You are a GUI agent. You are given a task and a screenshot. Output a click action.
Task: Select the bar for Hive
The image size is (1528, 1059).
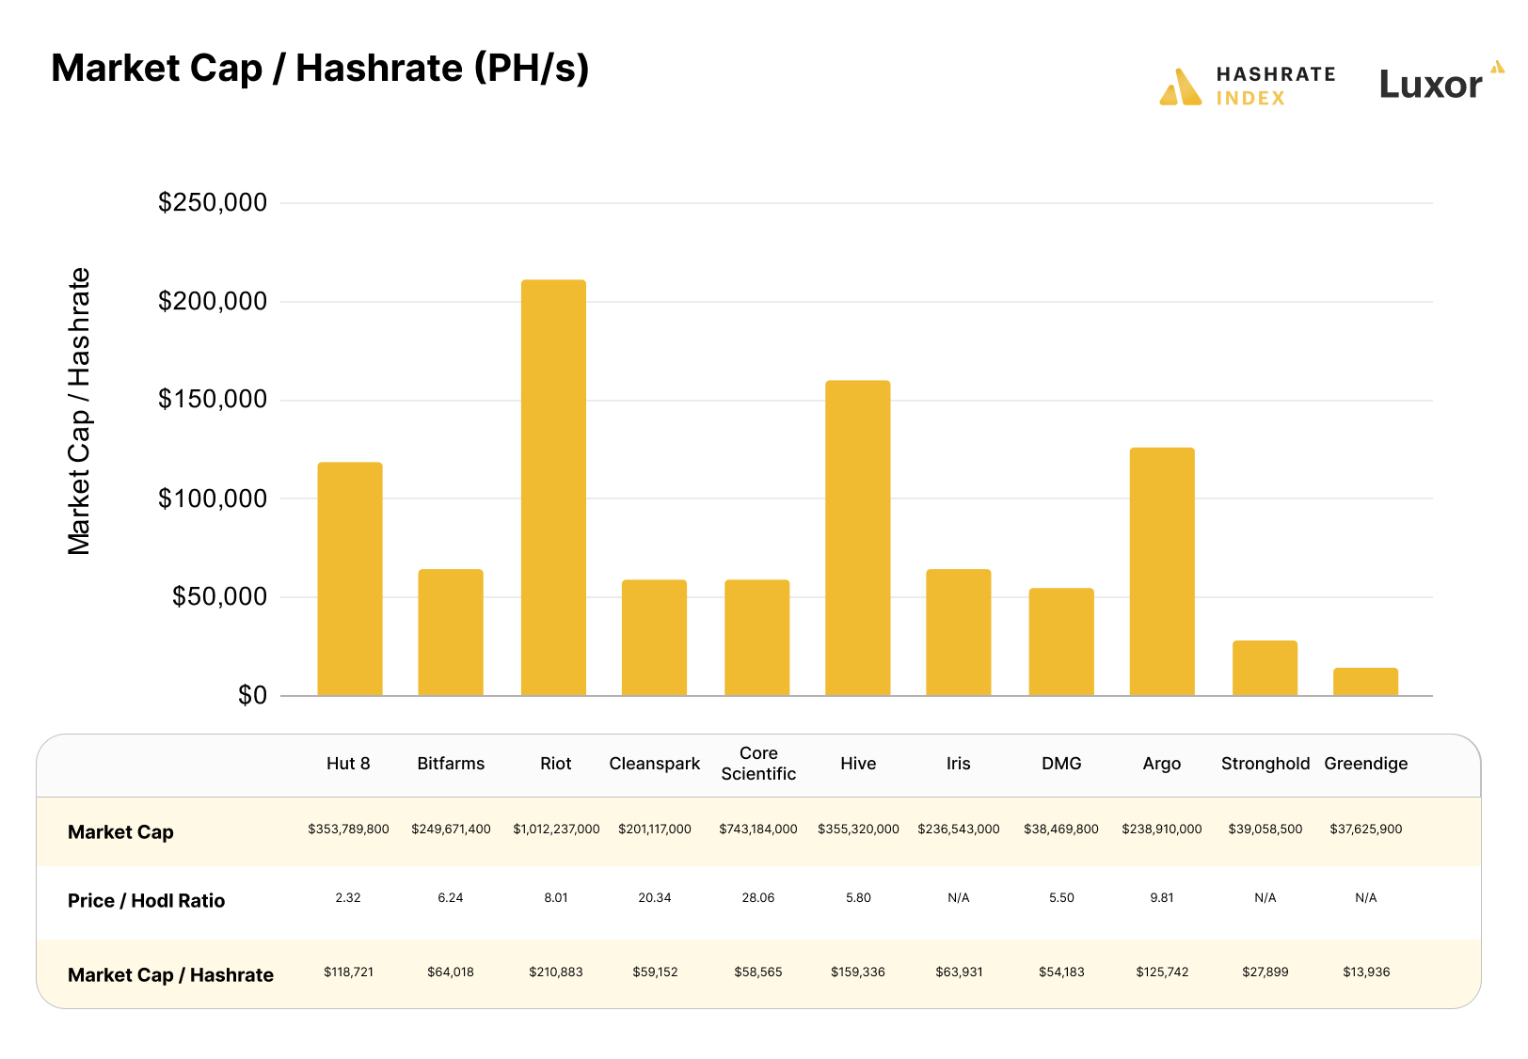[x=857, y=538]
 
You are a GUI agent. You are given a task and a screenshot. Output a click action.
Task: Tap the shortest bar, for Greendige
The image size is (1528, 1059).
[x=1365, y=682]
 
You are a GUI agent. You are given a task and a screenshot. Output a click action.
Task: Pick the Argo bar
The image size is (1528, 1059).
[x=1162, y=572]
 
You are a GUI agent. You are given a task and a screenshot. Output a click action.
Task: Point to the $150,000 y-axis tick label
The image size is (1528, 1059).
[x=213, y=400]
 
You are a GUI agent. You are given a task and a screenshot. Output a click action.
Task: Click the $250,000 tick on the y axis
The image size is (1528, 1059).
[x=213, y=202]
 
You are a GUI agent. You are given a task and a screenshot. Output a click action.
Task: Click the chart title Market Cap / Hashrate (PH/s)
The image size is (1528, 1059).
[x=320, y=69]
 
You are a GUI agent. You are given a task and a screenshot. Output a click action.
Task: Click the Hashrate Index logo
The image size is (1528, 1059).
[x=1248, y=86]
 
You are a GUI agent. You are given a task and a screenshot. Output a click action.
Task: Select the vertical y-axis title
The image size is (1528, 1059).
[x=79, y=412]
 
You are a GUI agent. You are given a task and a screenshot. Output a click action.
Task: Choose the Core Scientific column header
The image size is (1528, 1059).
[x=758, y=764]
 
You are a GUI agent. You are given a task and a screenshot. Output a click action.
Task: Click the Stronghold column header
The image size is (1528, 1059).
[x=1265, y=764]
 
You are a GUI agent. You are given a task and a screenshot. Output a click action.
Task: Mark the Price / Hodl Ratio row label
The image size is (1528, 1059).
[x=146, y=901]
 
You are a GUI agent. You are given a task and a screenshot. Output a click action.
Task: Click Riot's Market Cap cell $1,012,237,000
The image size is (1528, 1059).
[x=556, y=830]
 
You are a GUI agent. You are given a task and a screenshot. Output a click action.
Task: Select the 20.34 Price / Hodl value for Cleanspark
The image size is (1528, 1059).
[x=655, y=898]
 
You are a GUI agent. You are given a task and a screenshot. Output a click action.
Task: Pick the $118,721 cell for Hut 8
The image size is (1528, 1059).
[x=348, y=972]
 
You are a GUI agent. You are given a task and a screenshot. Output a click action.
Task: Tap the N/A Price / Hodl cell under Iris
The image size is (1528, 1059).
[x=958, y=898]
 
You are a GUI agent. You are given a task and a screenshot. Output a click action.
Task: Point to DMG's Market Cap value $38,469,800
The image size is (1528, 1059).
[x=1061, y=830]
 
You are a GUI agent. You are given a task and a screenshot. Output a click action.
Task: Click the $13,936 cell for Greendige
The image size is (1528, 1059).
[x=1365, y=972]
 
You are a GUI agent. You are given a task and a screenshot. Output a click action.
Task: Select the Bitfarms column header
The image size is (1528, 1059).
[x=451, y=764]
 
